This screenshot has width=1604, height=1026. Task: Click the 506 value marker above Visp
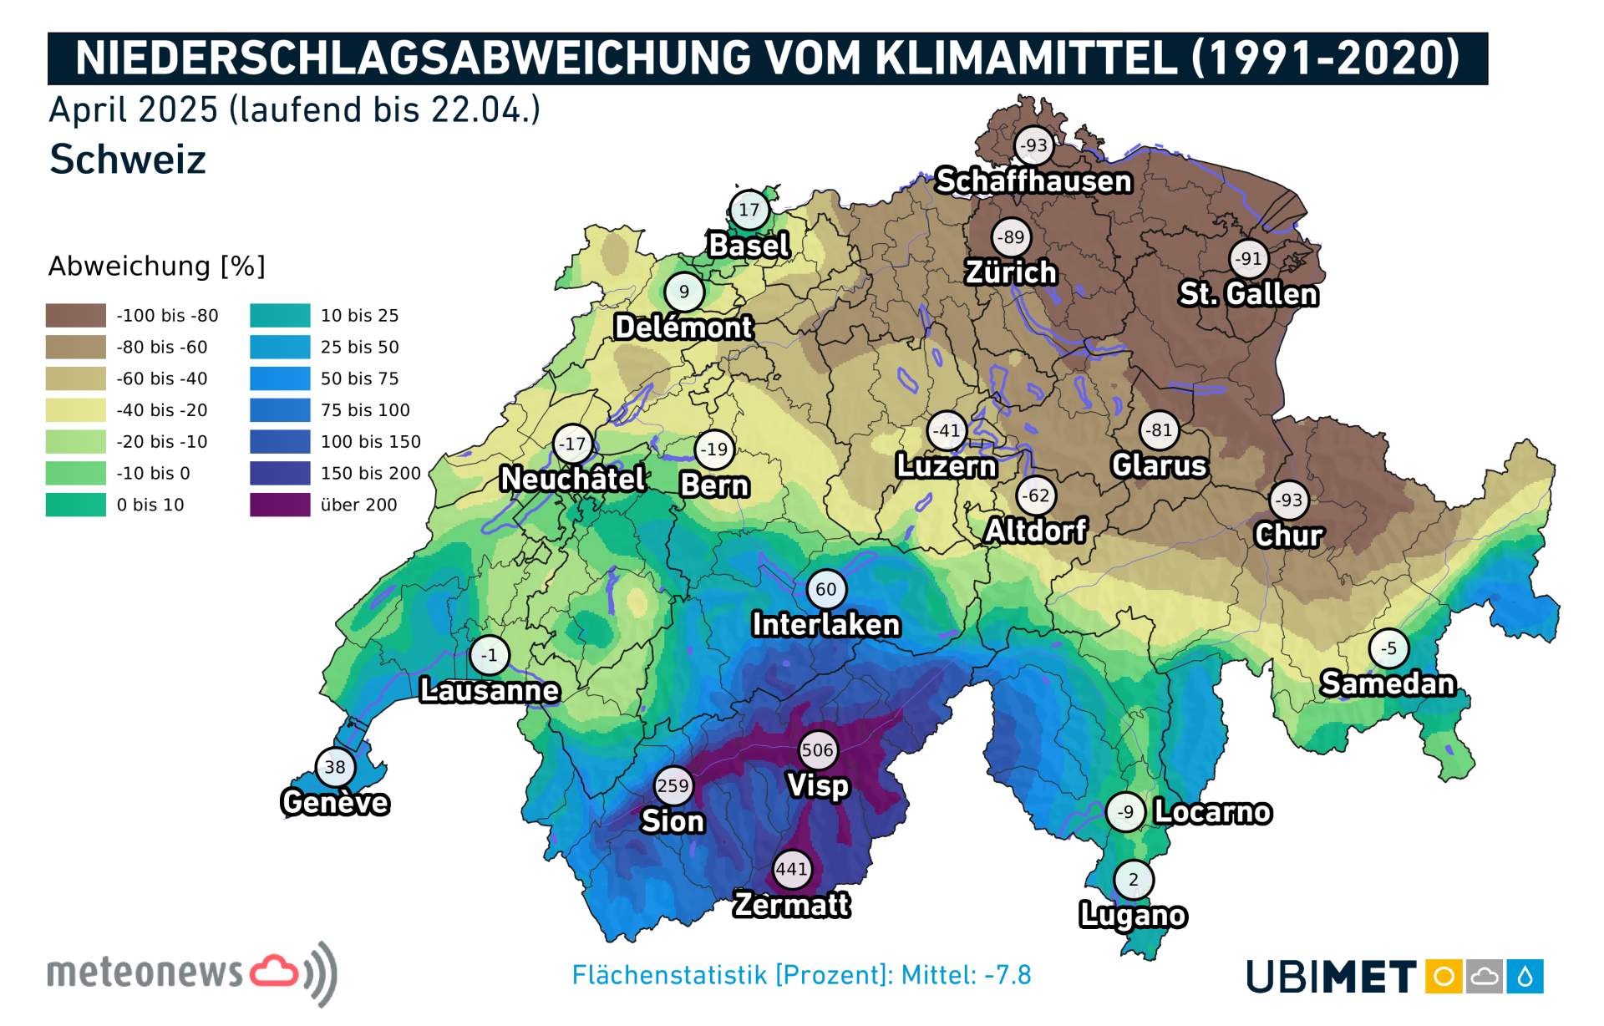click(817, 749)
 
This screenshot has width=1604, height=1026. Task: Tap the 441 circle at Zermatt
click(791, 869)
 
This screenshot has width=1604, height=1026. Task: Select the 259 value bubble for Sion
click(673, 785)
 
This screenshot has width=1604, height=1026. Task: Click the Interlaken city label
click(825, 625)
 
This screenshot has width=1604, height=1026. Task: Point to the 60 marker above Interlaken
click(826, 589)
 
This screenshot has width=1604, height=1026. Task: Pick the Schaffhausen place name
click(1033, 181)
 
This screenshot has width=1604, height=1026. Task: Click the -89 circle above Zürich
click(1011, 237)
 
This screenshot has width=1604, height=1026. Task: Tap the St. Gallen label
click(1248, 294)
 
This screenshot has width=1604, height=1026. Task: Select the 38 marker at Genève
click(335, 767)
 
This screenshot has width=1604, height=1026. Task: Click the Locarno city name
click(1212, 812)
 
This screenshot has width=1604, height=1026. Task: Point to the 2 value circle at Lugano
click(1134, 879)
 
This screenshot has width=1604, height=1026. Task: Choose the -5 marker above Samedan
click(1388, 648)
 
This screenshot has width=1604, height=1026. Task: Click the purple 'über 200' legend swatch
click(280, 505)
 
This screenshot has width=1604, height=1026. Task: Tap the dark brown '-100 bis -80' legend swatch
click(76, 316)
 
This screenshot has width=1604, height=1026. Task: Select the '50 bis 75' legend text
click(359, 378)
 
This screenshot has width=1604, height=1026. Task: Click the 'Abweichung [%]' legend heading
click(156, 267)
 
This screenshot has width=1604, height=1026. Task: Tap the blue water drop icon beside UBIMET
click(1525, 977)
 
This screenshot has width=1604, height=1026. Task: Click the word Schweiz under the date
click(127, 160)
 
